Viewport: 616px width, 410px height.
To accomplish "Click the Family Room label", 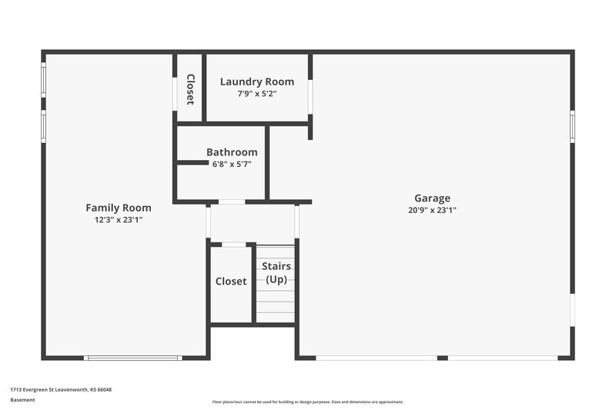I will tap(118, 208).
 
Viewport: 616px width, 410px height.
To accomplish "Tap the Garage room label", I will tap(432, 198).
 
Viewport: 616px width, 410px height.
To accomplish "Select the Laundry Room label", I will tap(257, 82).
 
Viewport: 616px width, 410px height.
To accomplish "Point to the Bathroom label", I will tap(232, 152).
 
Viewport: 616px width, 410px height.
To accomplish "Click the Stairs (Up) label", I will tap(276, 273).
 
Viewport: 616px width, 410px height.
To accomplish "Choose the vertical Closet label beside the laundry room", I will tap(190, 89).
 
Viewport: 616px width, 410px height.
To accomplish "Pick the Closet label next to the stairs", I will tap(231, 282).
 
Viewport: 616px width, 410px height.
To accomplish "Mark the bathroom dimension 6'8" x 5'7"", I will tap(232, 164).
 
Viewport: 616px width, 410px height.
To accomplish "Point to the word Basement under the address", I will tap(22, 400).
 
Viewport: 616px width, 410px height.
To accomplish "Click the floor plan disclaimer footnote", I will tap(307, 402).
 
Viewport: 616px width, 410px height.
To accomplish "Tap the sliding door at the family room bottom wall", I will tap(132, 358).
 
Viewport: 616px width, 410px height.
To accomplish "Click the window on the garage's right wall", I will tap(572, 126).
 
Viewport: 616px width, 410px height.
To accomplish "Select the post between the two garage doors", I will tap(442, 358).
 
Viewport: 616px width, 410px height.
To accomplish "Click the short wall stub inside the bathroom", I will tap(192, 162).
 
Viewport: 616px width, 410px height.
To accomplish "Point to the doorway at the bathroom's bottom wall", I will tap(232, 202).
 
